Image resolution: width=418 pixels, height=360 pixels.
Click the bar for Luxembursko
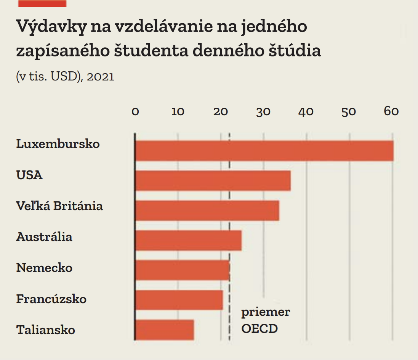264,151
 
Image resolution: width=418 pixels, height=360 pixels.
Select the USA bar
213,180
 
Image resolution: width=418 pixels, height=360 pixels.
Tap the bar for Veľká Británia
207,211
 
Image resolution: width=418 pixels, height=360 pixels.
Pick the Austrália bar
188,240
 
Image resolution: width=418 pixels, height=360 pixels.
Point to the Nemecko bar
183,270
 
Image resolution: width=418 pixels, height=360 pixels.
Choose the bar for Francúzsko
179,300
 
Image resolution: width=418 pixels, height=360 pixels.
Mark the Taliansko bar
165,330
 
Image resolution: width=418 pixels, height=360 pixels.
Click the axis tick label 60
391,111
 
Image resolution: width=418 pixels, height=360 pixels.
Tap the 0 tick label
135,111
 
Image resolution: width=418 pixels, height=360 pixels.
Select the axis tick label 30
263,111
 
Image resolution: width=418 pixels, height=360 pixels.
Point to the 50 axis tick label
349,111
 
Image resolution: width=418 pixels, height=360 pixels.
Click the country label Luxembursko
58,144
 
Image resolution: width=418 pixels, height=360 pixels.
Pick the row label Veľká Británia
59,206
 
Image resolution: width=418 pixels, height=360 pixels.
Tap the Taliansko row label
46,330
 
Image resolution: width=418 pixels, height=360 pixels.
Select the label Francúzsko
51,299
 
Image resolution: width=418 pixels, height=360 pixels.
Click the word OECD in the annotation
259,328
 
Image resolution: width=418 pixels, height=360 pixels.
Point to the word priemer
266,312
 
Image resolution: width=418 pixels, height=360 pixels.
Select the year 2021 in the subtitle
101,77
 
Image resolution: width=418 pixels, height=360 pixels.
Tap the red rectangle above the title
42,3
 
